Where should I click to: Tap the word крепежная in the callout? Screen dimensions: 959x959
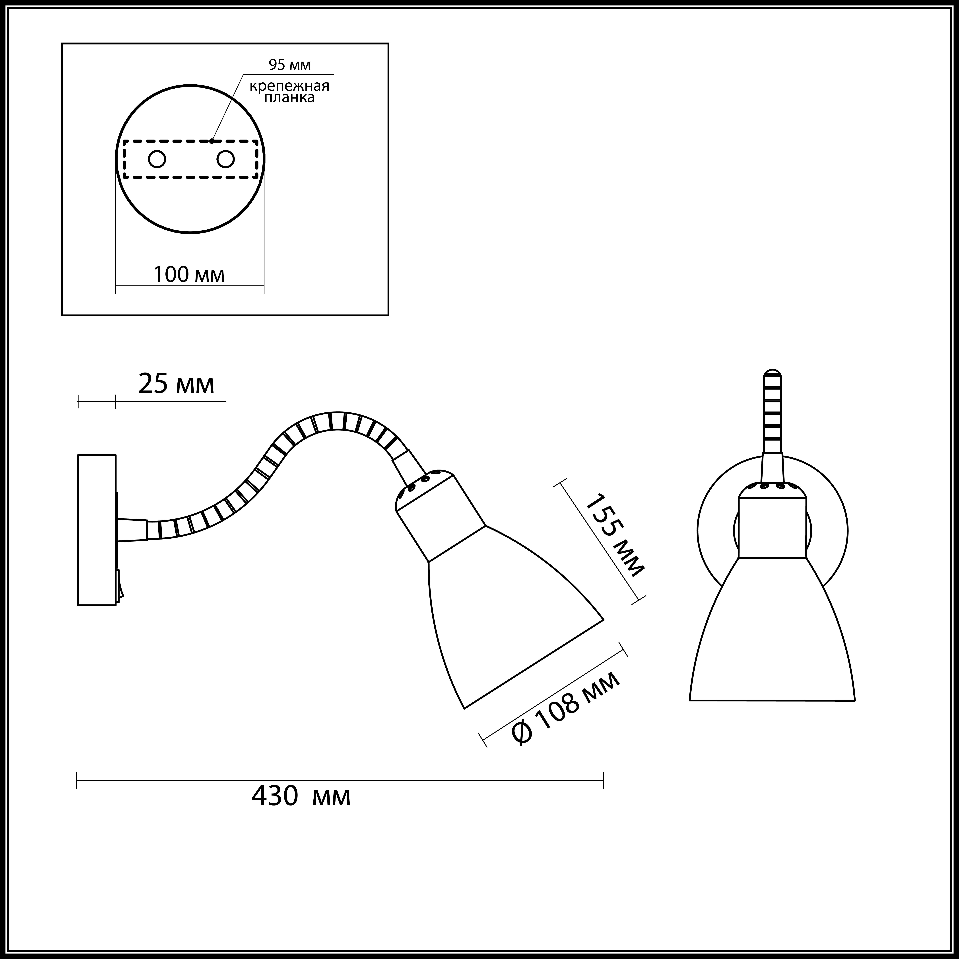tap(289, 86)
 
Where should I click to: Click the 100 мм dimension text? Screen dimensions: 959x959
tap(189, 274)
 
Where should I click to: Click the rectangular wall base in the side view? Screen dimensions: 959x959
tap(97, 530)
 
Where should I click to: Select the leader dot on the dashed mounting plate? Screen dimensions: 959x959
tap(212, 141)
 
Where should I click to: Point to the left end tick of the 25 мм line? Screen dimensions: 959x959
tap(78, 401)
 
